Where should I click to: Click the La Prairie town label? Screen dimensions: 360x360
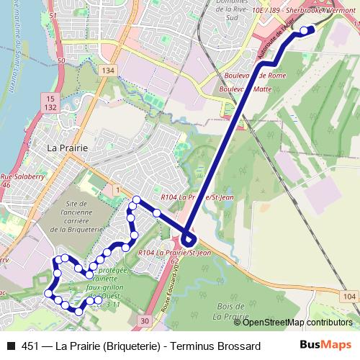coord(67,147)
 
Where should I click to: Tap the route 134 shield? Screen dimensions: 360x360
coord(108,70)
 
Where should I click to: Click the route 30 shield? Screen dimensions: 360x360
coord(145,320)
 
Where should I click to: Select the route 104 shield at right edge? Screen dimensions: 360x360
coord(349,297)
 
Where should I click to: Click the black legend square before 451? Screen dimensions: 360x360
coord(10,347)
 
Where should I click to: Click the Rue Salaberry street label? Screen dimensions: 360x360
coord(22,176)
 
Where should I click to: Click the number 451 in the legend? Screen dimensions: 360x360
coord(30,347)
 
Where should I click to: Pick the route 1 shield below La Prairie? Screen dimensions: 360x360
coord(115,188)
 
